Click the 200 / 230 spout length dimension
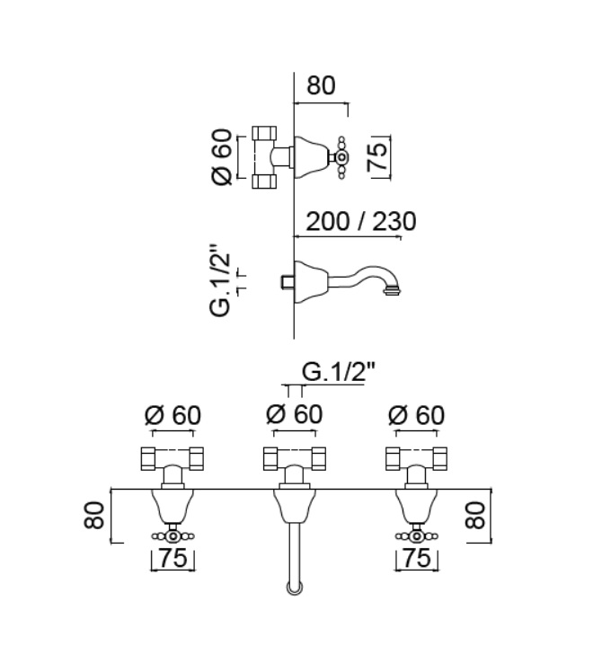click(x=361, y=222)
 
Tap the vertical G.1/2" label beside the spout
click(x=220, y=281)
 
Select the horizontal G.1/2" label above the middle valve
click(x=339, y=372)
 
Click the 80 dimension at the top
click(x=321, y=85)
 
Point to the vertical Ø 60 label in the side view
click(x=223, y=157)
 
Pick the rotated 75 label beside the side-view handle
click(x=378, y=156)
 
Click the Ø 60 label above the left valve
click(x=173, y=415)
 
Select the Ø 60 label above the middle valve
click(x=295, y=414)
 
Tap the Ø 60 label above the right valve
click(x=417, y=415)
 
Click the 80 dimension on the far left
click(x=93, y=515)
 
